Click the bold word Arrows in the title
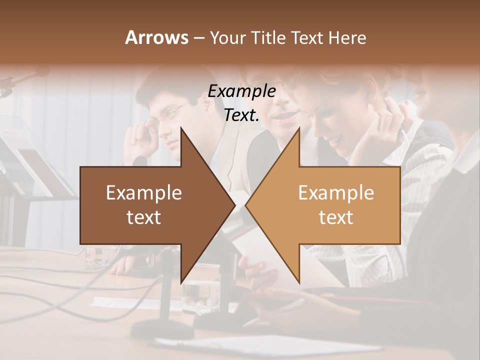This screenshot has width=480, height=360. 156,38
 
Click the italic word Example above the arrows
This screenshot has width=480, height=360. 241,91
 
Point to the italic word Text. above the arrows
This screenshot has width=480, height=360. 241,115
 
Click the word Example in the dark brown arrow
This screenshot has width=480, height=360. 143,193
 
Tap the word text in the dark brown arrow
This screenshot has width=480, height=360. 143,217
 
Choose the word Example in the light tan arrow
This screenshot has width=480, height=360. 336,193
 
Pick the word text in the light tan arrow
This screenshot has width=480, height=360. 336,217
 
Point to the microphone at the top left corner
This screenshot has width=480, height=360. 25,77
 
